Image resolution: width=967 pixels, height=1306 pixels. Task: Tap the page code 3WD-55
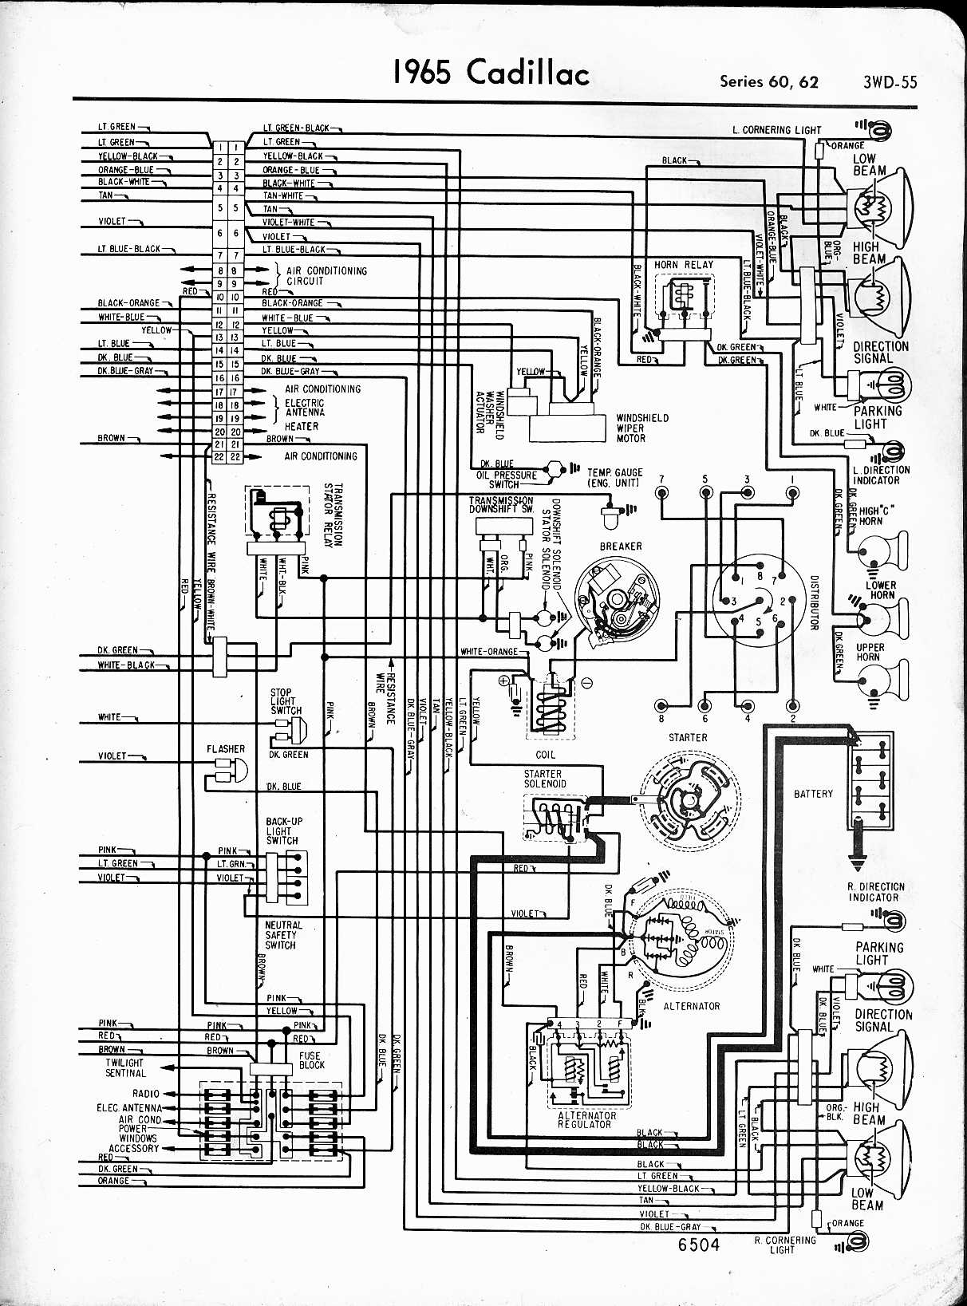890,81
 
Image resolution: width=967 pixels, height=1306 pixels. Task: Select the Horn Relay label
684,265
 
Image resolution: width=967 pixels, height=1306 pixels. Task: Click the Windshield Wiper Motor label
642,428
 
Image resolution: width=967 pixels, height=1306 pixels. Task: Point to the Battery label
813,794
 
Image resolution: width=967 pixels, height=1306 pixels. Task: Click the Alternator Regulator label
586,1119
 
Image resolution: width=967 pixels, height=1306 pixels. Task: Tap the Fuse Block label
311,1060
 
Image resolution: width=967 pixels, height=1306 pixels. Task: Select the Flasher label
226,748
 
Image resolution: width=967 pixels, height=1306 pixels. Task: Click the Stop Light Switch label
285,701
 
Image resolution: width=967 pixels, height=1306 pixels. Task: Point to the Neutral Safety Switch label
283,935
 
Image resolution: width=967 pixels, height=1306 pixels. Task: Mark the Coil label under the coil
546,755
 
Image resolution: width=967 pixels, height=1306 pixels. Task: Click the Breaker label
621,546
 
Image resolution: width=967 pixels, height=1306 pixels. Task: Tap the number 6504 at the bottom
698,1245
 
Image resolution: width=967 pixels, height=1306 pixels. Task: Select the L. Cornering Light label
776,129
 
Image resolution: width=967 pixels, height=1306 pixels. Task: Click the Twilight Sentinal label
125,1067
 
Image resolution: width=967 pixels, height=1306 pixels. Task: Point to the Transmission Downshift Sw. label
501,504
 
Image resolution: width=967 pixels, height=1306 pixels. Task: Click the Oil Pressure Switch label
507,479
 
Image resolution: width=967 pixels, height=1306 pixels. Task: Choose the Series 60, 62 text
768,81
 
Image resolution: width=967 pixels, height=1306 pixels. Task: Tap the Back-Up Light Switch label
284,831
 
